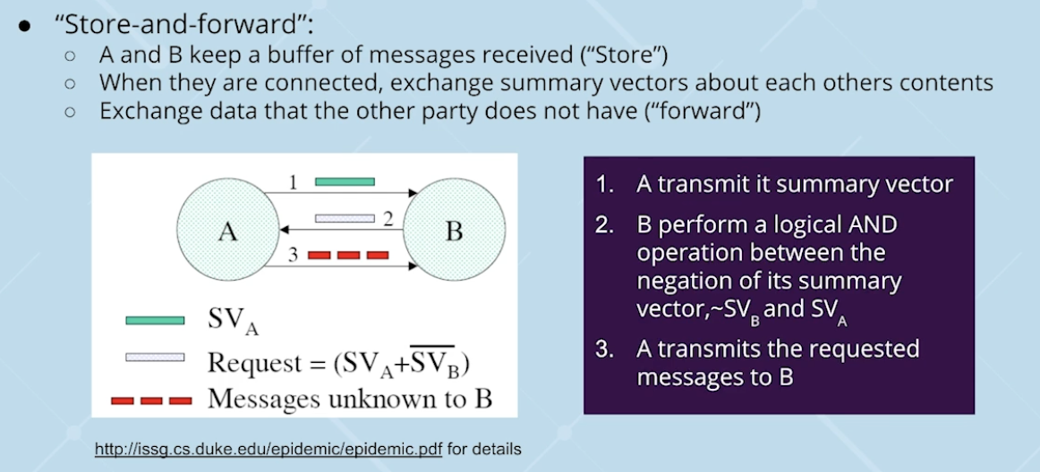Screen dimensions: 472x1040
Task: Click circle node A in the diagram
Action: click(226, 230)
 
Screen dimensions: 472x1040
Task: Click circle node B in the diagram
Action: click(454, 230)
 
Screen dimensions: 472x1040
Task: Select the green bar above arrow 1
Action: click(345, 181)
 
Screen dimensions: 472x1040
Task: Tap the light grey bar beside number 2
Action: click(344, 218)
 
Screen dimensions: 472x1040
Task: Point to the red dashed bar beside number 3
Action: click(348, 256)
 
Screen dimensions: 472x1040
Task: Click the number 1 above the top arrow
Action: click(293, 182)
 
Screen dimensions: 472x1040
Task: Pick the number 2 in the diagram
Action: click(388, 218)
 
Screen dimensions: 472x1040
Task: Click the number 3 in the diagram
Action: click(293, 256)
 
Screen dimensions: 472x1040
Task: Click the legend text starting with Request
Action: click(339, 362)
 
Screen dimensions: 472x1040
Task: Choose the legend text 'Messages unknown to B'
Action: click(349, 398)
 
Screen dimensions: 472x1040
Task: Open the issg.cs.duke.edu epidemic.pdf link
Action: click(269, 448)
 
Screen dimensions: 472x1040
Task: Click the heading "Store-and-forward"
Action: click(152, 24)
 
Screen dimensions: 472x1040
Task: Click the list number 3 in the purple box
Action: click(604, 349)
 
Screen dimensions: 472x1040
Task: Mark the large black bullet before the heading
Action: click(26, 25)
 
